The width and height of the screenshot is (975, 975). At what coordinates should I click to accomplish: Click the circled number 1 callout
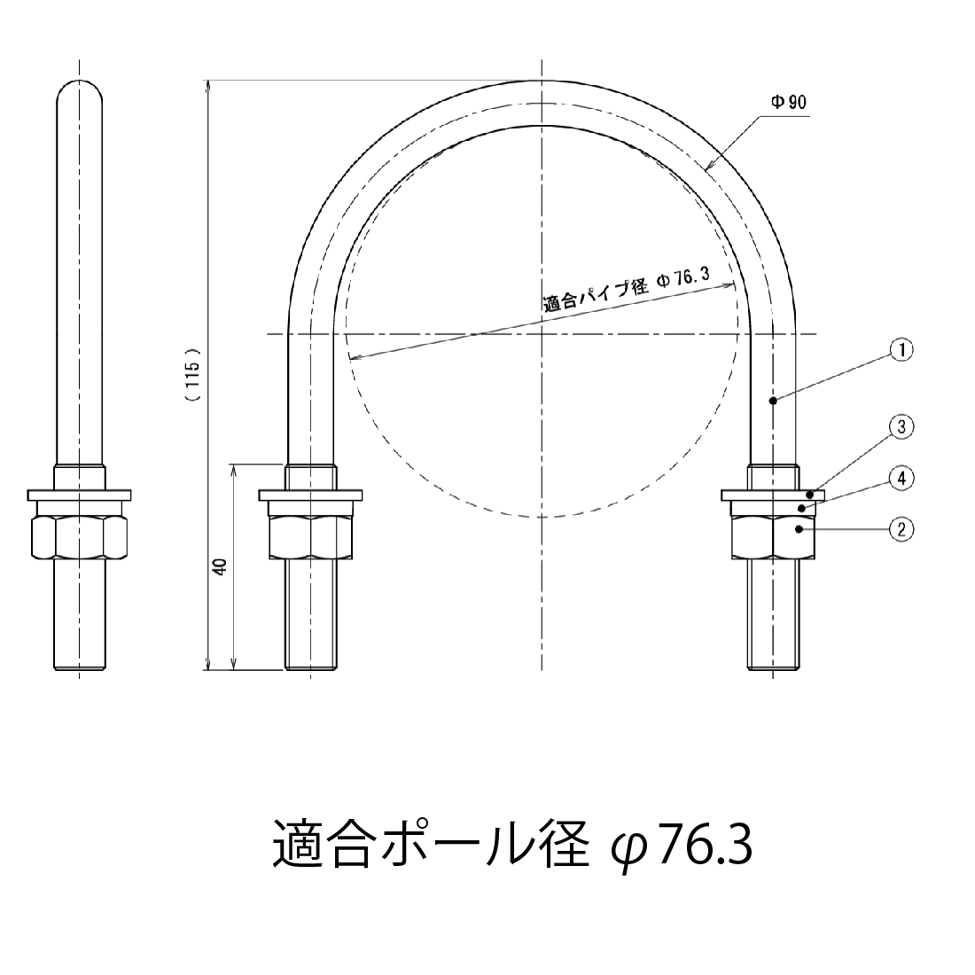pos(901,350)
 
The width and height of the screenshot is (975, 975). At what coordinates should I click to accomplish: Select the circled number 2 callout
pos(901,529)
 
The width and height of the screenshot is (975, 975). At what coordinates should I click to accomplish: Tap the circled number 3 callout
pos(901,427)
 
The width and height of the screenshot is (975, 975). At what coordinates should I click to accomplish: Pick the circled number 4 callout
pos(901,479)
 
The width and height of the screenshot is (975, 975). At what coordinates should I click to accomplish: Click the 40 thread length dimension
pos(220,567)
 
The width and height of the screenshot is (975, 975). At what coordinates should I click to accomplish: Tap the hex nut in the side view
pos(80,535)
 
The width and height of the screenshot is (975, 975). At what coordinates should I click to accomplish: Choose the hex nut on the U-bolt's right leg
pos(773,535)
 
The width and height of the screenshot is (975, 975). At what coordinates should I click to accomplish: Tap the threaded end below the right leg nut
pos(773,616)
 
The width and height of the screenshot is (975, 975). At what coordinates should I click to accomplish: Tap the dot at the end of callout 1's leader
pos(773,402)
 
